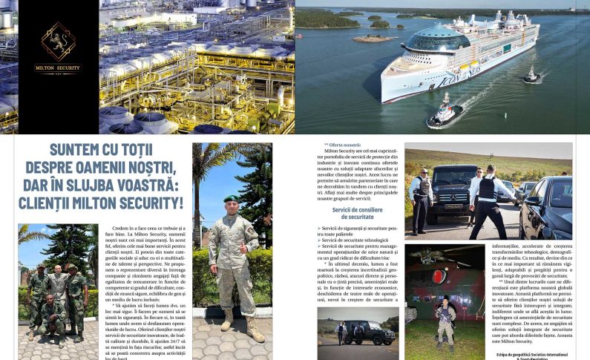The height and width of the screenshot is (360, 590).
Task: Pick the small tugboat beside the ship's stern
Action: (531, 74)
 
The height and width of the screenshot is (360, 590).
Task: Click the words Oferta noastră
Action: (342, 145)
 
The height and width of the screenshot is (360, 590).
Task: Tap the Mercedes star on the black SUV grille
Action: (454, 195)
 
